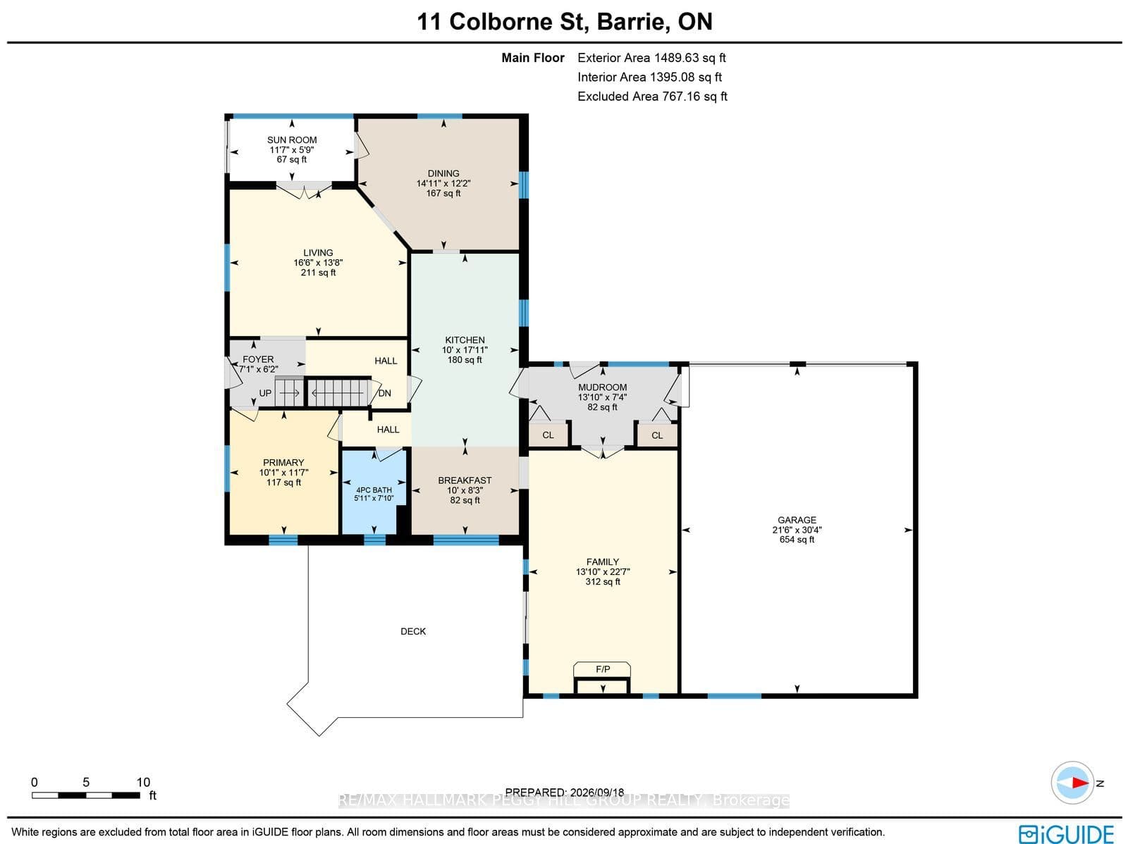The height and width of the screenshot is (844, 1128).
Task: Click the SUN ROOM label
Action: (x=292, y=139)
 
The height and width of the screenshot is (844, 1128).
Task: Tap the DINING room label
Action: (x=443, y=173)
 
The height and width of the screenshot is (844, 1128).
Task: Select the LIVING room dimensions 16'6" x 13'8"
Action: (x=318, y=262)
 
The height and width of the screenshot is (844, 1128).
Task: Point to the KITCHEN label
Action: (x=465, y=340)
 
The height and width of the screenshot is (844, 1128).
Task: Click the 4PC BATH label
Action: (x=374, y=490)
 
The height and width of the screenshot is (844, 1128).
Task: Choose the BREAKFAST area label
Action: (x=465, y=480)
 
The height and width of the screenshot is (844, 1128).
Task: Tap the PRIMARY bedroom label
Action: (x=283, y=463)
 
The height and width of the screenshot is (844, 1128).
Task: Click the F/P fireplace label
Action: (x=603, y=669)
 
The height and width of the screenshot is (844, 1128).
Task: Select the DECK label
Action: (x=413, y=631)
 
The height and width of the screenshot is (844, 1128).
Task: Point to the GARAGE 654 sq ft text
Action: (x=797, y=540)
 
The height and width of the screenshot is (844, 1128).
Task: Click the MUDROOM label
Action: (x=602, y=387)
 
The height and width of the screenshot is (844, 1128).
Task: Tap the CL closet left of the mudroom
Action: (x=548, y=435)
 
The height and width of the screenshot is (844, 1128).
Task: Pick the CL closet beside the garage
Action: (x=657, y=435)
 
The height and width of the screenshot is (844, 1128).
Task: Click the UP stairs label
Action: (x=265, y=393)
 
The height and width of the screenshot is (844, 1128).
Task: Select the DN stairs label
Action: (x=385, y=393)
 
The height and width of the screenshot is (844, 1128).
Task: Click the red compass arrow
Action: (x=1079, y=783)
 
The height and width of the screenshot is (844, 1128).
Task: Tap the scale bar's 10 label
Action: (x=143, y=783)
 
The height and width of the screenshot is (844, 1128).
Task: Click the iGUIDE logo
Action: (x=1067, y=833)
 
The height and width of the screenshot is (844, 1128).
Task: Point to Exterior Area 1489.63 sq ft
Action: (x=651, y=58)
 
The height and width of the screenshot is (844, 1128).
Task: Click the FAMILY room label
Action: (x=603, y=562)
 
